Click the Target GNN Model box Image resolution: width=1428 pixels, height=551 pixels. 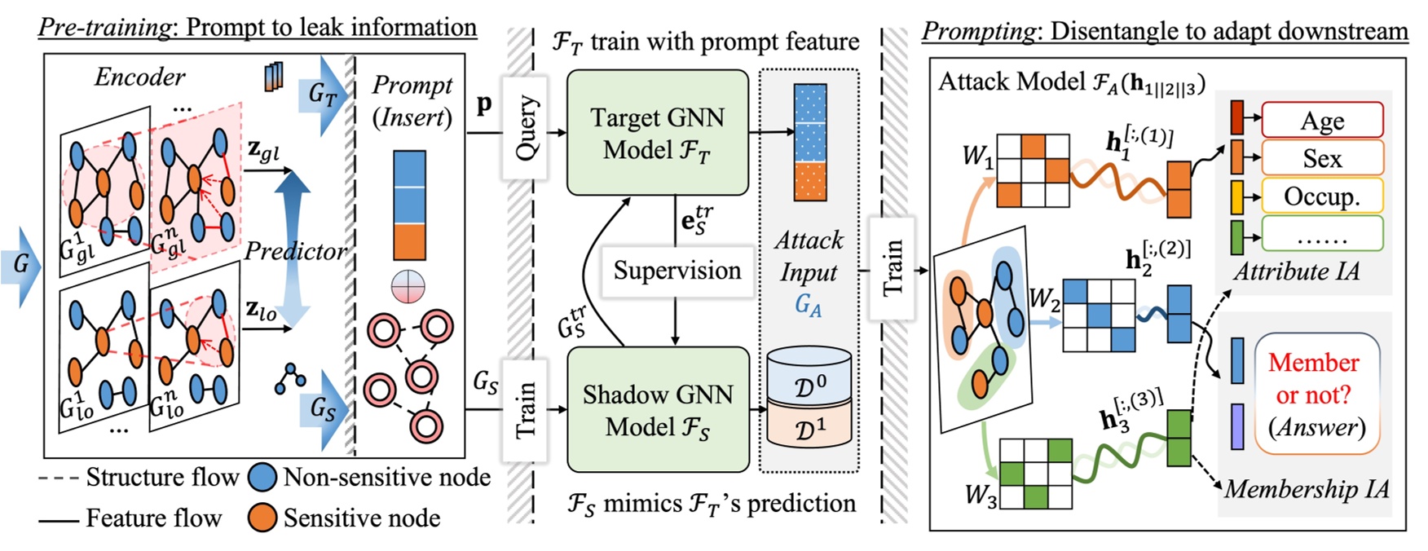click(x=657, y=133)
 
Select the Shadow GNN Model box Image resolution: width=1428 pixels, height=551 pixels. click(x=657, y=410)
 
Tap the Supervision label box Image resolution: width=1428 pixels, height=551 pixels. click(x=677, y=271)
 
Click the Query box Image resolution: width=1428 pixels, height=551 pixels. click(x=525, y=127)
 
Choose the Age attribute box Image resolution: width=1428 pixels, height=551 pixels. click(x=1321, y=121)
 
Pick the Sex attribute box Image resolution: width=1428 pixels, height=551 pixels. click(x=1321, y=158)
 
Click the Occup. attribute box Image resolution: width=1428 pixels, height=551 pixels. click(x=1321, y=196)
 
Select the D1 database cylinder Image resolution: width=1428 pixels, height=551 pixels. click(x=809, y=426)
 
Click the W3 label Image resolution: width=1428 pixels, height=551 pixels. click(x=980, y=494)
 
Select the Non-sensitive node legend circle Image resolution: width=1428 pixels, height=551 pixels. click(x=262, y=478)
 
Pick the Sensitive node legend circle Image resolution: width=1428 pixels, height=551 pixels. click(x=262, y=518)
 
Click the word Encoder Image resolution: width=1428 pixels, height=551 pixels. click(x=139, y=77)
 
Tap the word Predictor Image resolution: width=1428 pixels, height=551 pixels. click(x=295, y=251)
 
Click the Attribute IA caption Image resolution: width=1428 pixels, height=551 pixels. click(x=1296, y=271)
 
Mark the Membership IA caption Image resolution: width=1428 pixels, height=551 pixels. click(x=1306, y=488)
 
